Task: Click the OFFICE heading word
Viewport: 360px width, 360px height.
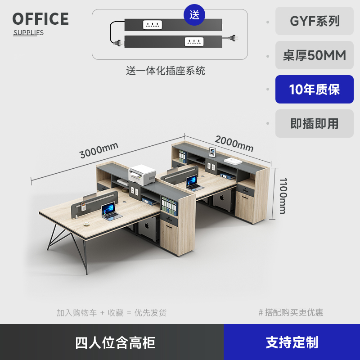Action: point(40,19)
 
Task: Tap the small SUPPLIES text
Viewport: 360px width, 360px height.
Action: point(28,32)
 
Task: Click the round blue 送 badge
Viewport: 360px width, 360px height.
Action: point(194,14)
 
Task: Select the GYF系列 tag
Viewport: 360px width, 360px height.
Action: point(315,21)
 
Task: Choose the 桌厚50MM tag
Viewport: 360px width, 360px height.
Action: point(315,55)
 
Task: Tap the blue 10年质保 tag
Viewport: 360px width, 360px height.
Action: point(315,90)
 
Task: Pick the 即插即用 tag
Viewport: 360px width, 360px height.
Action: point(315,123)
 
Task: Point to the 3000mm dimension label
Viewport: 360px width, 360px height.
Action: point(99,150)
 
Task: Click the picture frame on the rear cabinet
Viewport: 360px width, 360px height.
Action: point(212,153)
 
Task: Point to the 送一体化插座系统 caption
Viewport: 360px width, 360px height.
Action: point(166,71)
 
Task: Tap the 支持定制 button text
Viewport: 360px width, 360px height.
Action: point(292,342)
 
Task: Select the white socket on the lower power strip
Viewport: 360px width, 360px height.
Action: point(194,42)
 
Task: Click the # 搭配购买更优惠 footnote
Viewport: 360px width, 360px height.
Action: point(291,312)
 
